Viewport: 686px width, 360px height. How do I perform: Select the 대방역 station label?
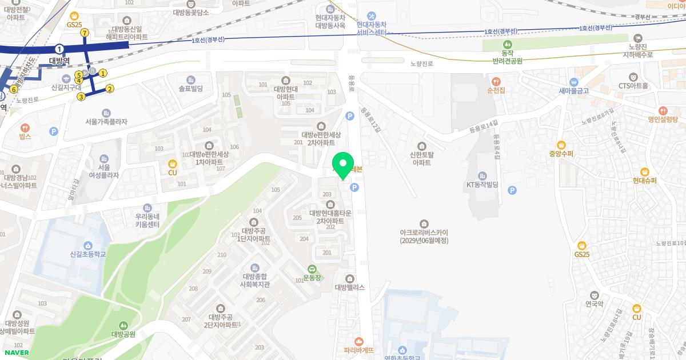59,61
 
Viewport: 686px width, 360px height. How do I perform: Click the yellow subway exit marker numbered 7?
85,33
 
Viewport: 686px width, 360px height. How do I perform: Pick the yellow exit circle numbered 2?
110,89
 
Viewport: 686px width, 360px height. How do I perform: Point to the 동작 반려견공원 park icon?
507,45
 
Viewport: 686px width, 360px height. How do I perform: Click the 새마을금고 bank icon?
573,81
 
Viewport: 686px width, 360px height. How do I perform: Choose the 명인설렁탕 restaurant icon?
663,110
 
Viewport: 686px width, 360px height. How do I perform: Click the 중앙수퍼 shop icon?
561,145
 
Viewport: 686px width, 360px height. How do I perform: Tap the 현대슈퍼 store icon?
644,171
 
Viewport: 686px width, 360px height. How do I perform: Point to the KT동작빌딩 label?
482,185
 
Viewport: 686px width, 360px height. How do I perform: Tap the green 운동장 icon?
312,269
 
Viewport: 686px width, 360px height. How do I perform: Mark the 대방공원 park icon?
123,325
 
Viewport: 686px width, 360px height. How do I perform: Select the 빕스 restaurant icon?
25,137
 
